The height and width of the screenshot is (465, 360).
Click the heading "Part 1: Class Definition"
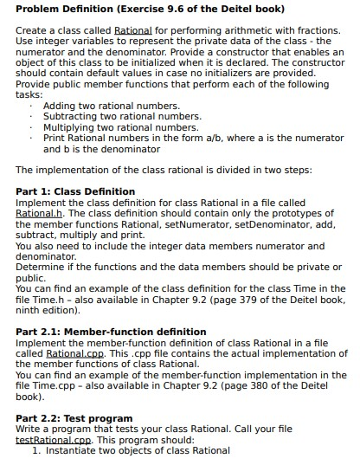pyautogui.click(x=76, y=191)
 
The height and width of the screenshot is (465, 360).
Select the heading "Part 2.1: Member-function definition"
pyautogui.click(x=112, y=332)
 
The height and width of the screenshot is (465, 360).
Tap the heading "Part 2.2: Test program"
pyautogui.click(x=74, y=418)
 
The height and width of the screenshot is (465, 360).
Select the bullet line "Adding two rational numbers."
pyautogui.click(x=111, y=105)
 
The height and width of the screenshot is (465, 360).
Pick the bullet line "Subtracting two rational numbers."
pyautogui.click(x=122, y=116)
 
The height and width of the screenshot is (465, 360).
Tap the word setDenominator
pyautogui.click(x=275, y=223)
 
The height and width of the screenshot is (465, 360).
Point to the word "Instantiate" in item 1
pyautogui.click(x=75, y=451)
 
